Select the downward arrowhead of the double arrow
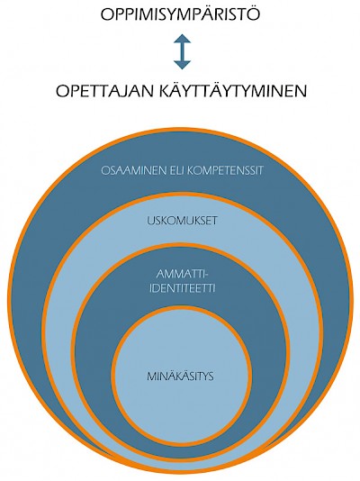click(x=183, y=65)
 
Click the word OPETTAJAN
click(x=104, y=91)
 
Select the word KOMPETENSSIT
click(x=225, y=170)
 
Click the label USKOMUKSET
click(x=182, y=221)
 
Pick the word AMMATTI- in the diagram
click(x=182, y=274)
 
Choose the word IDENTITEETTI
click(x=183, y=288)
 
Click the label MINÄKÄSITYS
click(x=180, y=376)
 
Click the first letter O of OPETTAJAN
click(x=62, y=91)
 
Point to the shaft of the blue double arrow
click(x=183, y=51)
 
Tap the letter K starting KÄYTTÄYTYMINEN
click(x=166, y=91)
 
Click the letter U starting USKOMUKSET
click(x=150, y=221)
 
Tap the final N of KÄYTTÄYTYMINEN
click(x=300, y=91)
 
